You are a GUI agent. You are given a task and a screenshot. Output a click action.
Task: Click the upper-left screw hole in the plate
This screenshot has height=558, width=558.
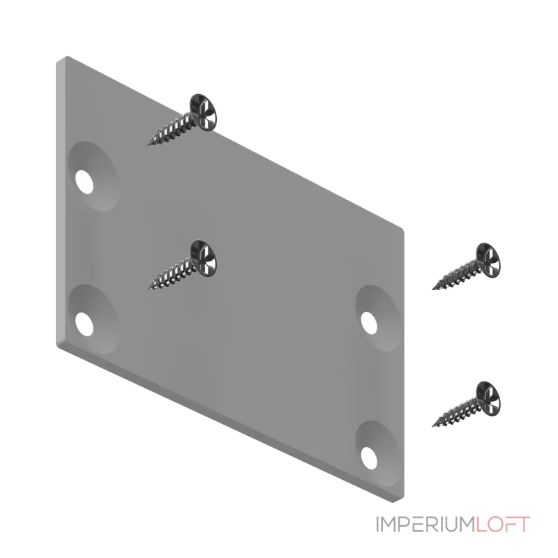coord(84,182)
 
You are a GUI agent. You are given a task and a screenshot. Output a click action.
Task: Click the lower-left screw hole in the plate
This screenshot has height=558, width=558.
coord(84,324)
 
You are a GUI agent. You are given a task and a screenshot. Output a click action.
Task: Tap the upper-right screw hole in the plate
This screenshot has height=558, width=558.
coord(369,323)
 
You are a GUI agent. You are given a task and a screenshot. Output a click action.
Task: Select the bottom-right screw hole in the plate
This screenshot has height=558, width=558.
coord(369,458)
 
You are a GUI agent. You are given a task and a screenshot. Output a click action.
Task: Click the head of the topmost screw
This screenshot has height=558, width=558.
coord(203,112)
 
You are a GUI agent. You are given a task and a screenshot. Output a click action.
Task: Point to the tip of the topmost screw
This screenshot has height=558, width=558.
coord(148,145)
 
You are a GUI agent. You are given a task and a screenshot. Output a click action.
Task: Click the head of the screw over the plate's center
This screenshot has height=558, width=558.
coord(203,258)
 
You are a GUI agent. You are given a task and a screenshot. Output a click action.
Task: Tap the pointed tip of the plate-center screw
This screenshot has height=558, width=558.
coord(148,288)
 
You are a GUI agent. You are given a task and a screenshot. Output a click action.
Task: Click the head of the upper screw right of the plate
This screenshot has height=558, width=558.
coord(488,260)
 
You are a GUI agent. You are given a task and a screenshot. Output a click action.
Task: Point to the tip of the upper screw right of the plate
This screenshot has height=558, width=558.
coord(432,289)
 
